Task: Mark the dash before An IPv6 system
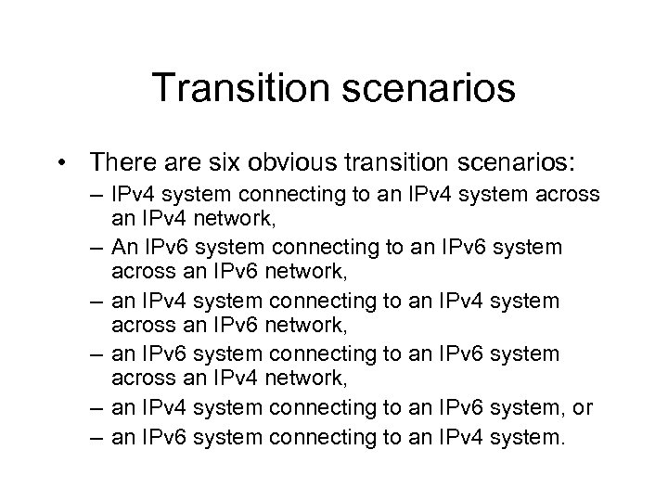[x=98, y=248]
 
